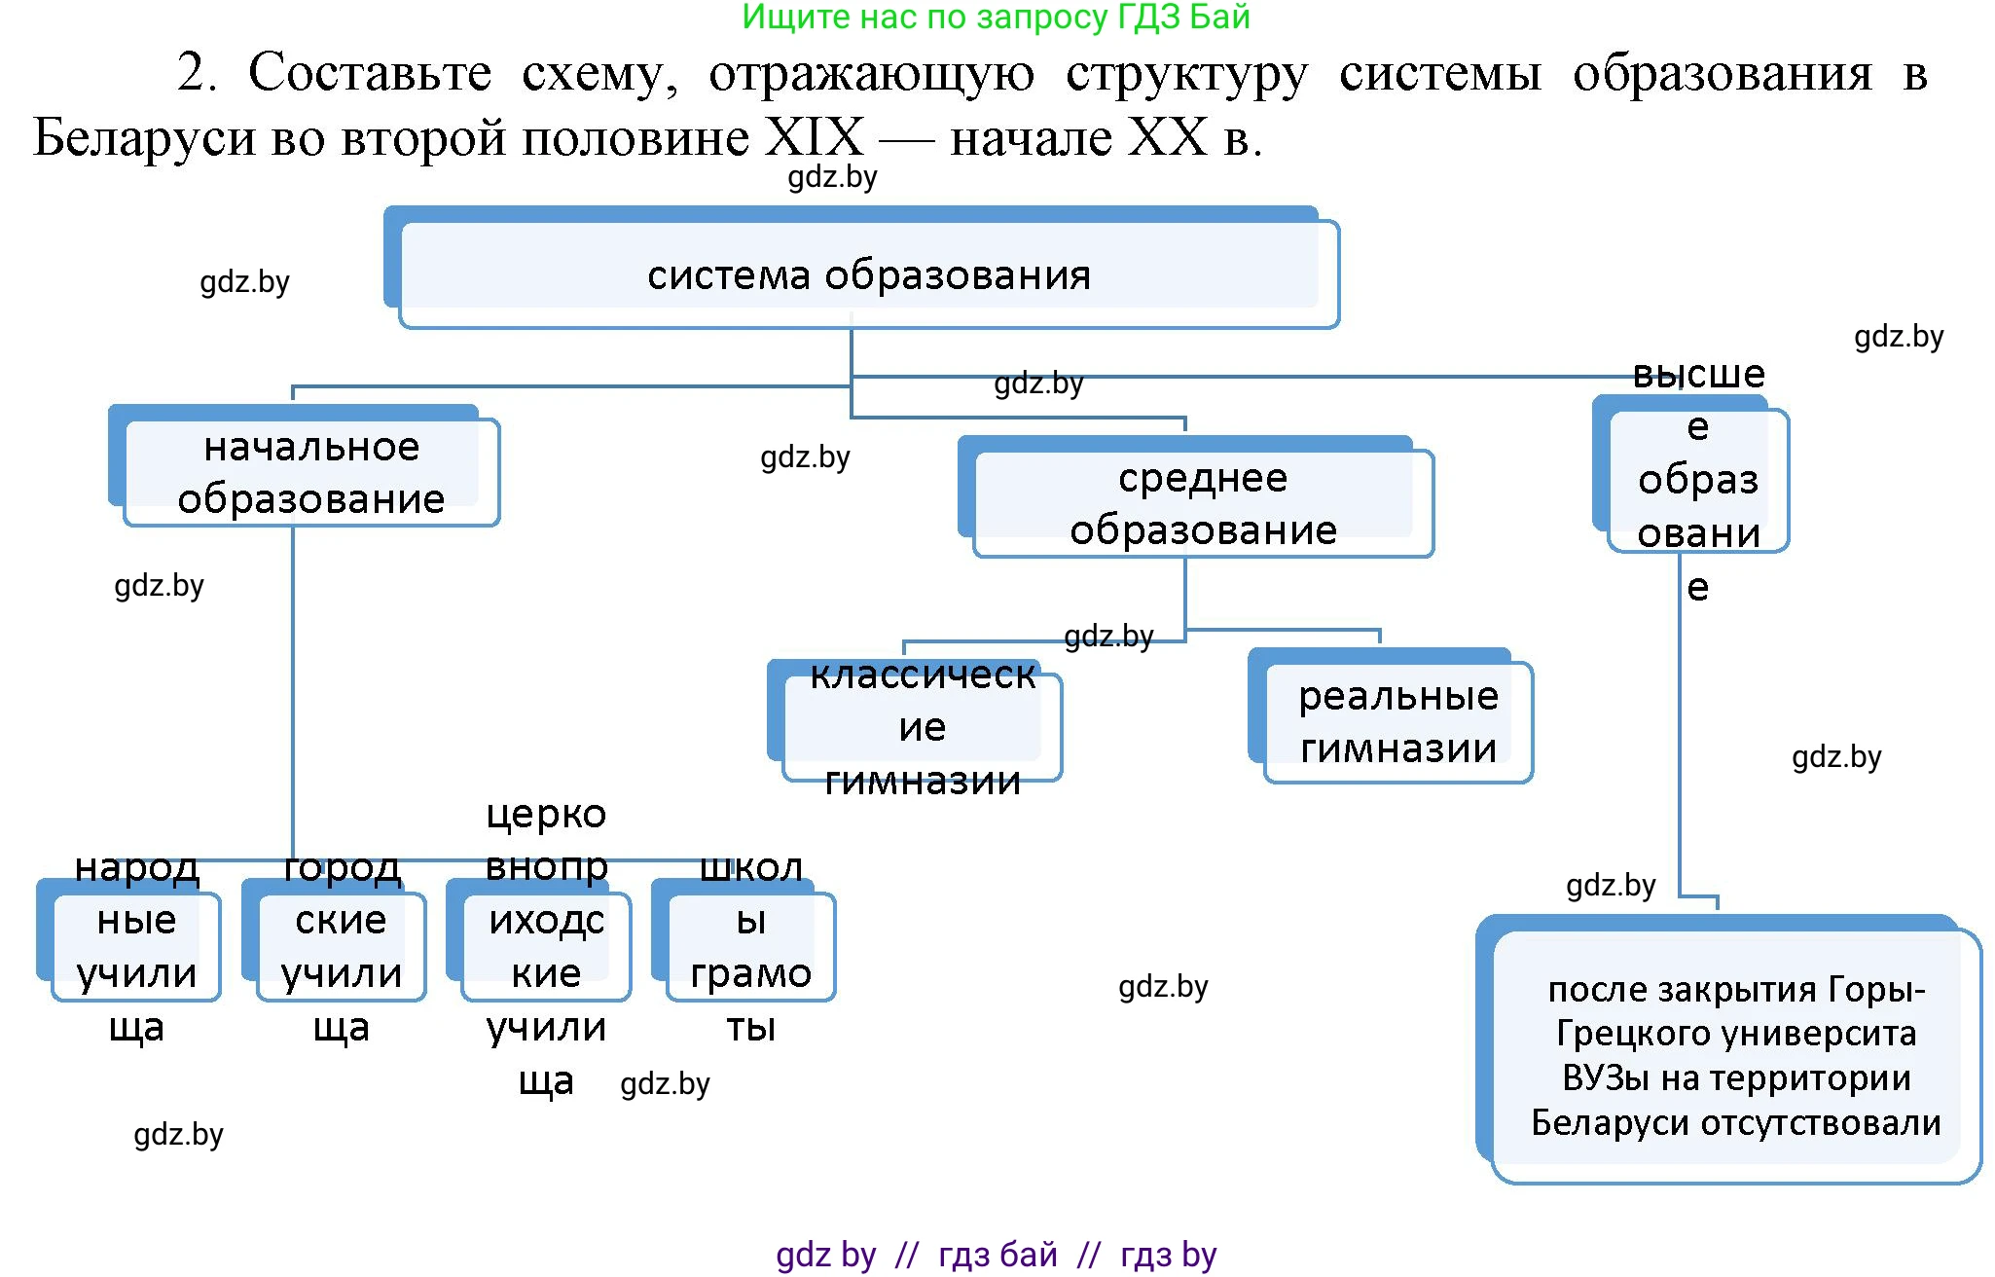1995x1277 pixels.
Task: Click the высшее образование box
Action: click(1697, 480)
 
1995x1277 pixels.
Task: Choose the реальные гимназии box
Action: click(1397, 722)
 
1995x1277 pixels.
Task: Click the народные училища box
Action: click(136, 945)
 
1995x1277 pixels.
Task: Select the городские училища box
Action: click(341, 945)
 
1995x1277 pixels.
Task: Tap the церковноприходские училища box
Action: click(545, 945)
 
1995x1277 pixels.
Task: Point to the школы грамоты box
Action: click(750, 945)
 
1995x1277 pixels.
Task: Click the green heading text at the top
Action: click(995, 17)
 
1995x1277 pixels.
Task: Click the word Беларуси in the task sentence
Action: click(144, 137)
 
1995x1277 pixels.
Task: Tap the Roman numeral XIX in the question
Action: click(814, 137)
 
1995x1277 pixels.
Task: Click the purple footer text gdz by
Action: click(825, 1255)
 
